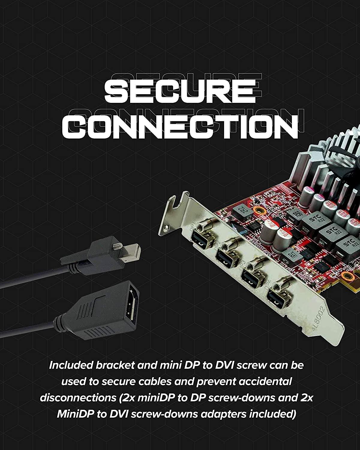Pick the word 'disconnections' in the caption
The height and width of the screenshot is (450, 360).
(77, 398)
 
